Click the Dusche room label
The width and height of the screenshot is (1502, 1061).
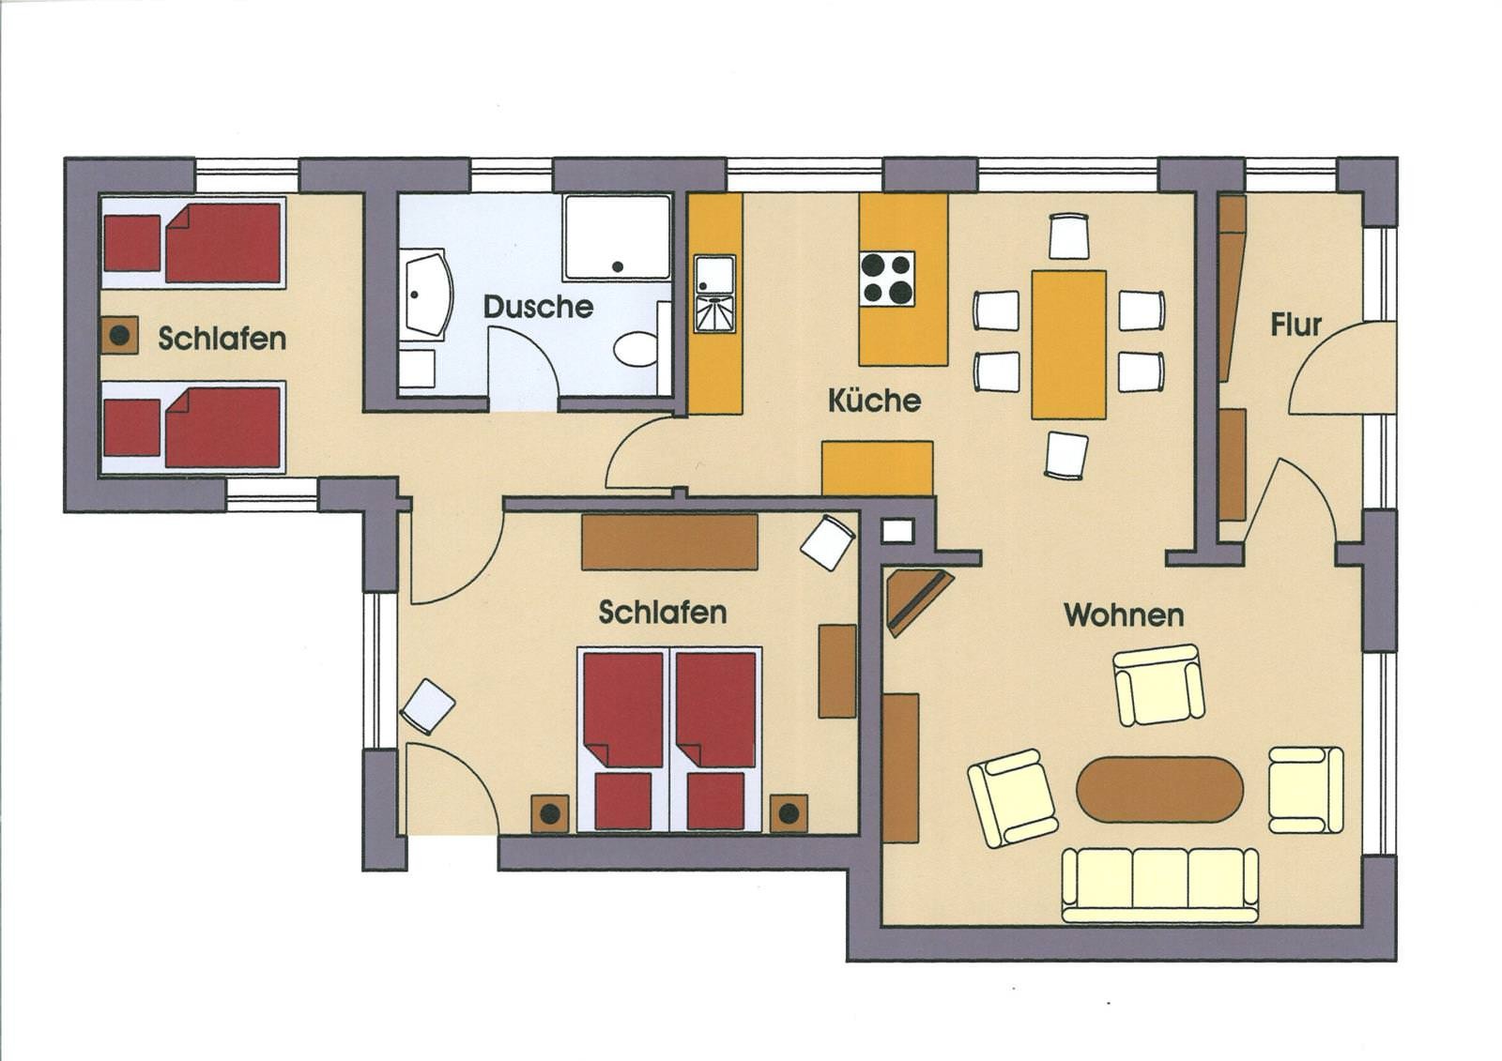pyautogui.click(x=538, y=307)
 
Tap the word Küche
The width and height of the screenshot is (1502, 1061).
pyautogui.click(x=874, y=401)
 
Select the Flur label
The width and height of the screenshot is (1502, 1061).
pyautogui.click(x=1295, y=326)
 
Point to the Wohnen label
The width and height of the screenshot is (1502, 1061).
pyautogui.click(x=1124, y=614)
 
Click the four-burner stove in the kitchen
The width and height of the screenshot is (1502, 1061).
pyautogui.click(x=887, y=279)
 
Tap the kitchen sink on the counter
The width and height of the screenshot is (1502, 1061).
pyautogui.click(x=714, y=295)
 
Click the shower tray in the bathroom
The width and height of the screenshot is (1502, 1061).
pyautogui.click(x=617, y=237)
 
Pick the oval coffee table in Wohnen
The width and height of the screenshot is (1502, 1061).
pyautogui.click(x=1159, y=790)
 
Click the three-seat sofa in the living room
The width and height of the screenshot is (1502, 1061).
pyautogui.click(x=1160, y=885)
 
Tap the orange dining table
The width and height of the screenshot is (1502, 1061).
pyautogui.click(x=1069, y=344)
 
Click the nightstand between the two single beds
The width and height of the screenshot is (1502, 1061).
pyautogui.click(x=120, y=336)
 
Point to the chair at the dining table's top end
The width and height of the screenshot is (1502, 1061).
pyautogui.click(x=1068, y=235)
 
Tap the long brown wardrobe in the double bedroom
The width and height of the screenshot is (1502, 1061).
pyautogui.click(x=669, y=541)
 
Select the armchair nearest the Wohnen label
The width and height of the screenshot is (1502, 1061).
pyautogui.click(x=1158, y=684)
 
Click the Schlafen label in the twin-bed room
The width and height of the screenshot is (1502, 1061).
pyautogui.click(x=222, y=339)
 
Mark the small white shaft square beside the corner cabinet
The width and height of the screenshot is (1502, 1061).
pyautogui.click(x=897, y=532)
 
